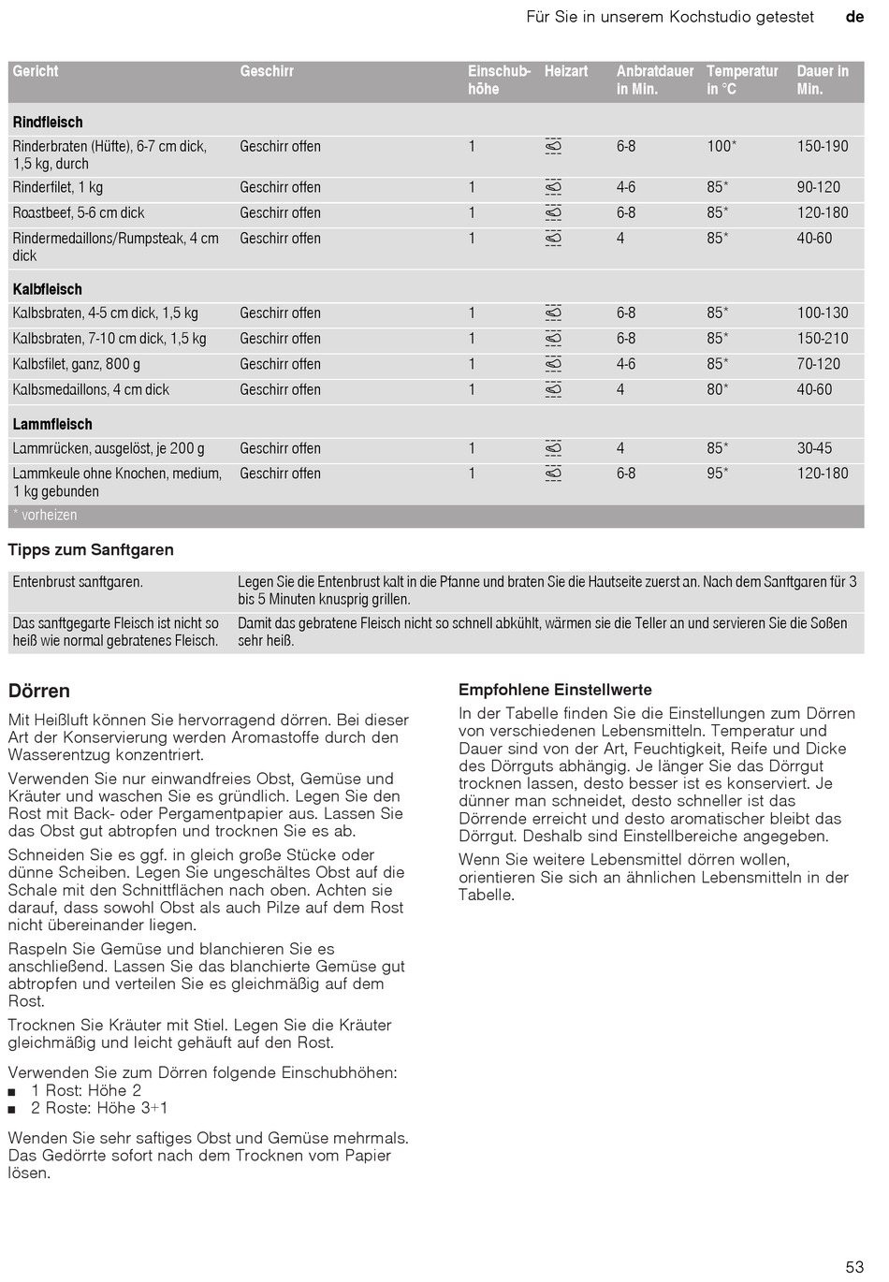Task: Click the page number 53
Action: click(853, 1267)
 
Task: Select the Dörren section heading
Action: click(39, 692)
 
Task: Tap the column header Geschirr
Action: click(267, 71)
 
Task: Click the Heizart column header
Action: click(566, 71)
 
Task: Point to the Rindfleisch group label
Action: click(48, 123)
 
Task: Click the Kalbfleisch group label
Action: click(48, 289)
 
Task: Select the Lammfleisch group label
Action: click(52, 424)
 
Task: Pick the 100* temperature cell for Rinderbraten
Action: click(721, 146)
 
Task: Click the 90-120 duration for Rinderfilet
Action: click(818, 187)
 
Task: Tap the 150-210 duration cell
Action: click(822, 339)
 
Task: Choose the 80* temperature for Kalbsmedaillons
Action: click(717, 389)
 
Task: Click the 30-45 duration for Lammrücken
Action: click(814, 448)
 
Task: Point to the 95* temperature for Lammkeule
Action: click(717, 473)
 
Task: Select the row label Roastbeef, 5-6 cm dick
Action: click(79, 212)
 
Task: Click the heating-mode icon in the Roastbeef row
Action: click(553, 212)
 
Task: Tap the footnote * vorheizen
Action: click(45, 515)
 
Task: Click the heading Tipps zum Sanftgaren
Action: click(91, 550)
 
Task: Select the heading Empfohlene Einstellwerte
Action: click(555, 690)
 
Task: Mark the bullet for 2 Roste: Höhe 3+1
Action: click(12, 1110)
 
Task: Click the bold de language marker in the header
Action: click(854, 17)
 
